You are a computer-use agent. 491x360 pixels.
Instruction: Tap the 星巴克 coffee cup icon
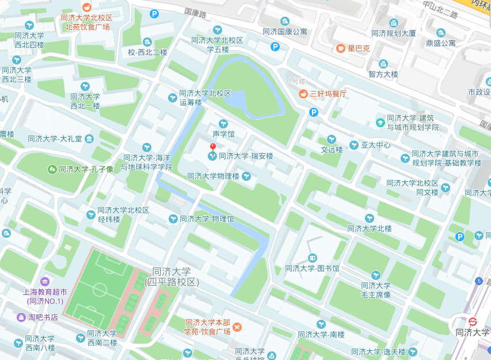coord(341,48)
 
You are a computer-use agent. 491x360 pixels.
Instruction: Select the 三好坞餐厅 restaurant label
coord(328,93)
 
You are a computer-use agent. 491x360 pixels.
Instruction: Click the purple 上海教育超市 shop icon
coord(45,282)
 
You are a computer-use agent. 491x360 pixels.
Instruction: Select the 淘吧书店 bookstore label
coord(43,317)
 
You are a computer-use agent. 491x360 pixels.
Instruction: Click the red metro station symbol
coord(473,321)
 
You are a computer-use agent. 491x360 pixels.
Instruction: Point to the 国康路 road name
coord(196,12)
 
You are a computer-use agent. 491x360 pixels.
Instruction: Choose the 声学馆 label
coord(224,134)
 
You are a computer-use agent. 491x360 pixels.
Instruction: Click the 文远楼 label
coord(332,150)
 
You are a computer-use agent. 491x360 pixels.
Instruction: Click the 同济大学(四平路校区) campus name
coord(172,277)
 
